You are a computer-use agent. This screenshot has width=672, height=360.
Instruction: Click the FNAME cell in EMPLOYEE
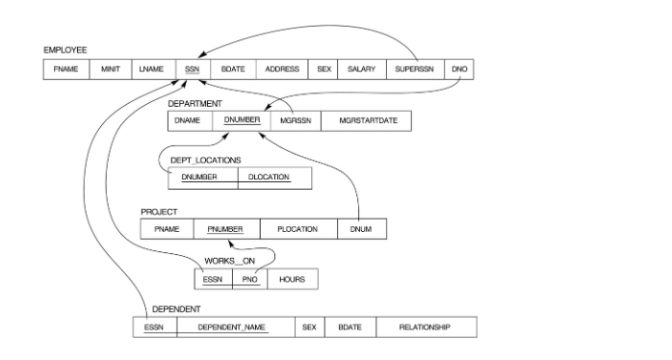(x=65, y=69)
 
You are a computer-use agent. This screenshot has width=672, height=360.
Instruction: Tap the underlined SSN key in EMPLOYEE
(x=189, y=69)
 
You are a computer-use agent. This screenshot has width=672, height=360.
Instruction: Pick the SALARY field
(x=361, y=69)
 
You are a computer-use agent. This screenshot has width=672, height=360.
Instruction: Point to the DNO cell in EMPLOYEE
(x=459, y=69)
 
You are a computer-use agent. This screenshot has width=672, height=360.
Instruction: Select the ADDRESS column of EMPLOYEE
(x=282, y=69)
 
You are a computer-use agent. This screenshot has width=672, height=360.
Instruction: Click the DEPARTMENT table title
(x=195, y=102)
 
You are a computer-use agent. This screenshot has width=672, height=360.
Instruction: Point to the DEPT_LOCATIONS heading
(x=206, y=159)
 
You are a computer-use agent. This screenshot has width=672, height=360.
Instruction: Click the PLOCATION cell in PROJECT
(x=297, y=229)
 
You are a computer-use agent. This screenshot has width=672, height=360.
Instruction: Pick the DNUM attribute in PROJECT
(x=362, y=229)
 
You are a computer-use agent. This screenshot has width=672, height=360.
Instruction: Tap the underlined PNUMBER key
(x=226, y=229)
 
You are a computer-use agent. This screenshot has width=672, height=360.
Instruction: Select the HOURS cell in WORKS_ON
(x=293, y=279)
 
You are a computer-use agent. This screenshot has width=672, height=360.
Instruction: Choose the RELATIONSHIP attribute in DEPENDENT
(x=425, y=328)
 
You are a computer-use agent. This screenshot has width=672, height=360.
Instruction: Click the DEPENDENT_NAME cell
(x=232, y=328)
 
